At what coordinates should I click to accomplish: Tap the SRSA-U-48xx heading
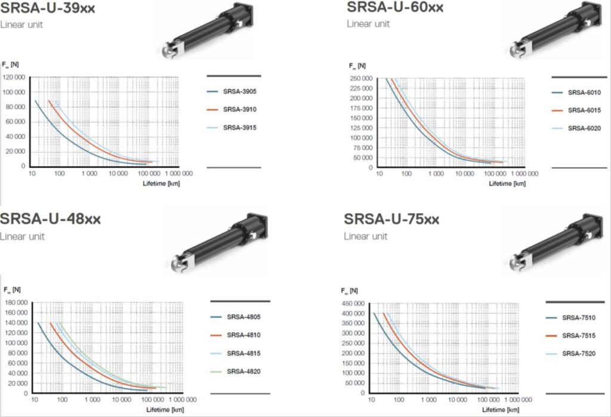click(x=51, y=219)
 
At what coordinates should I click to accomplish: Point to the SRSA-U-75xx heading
click(x=391, y=220)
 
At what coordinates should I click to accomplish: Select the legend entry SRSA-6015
click(x=584, y=110)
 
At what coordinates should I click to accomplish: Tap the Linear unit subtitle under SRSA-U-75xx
click(x=366, y=237)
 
